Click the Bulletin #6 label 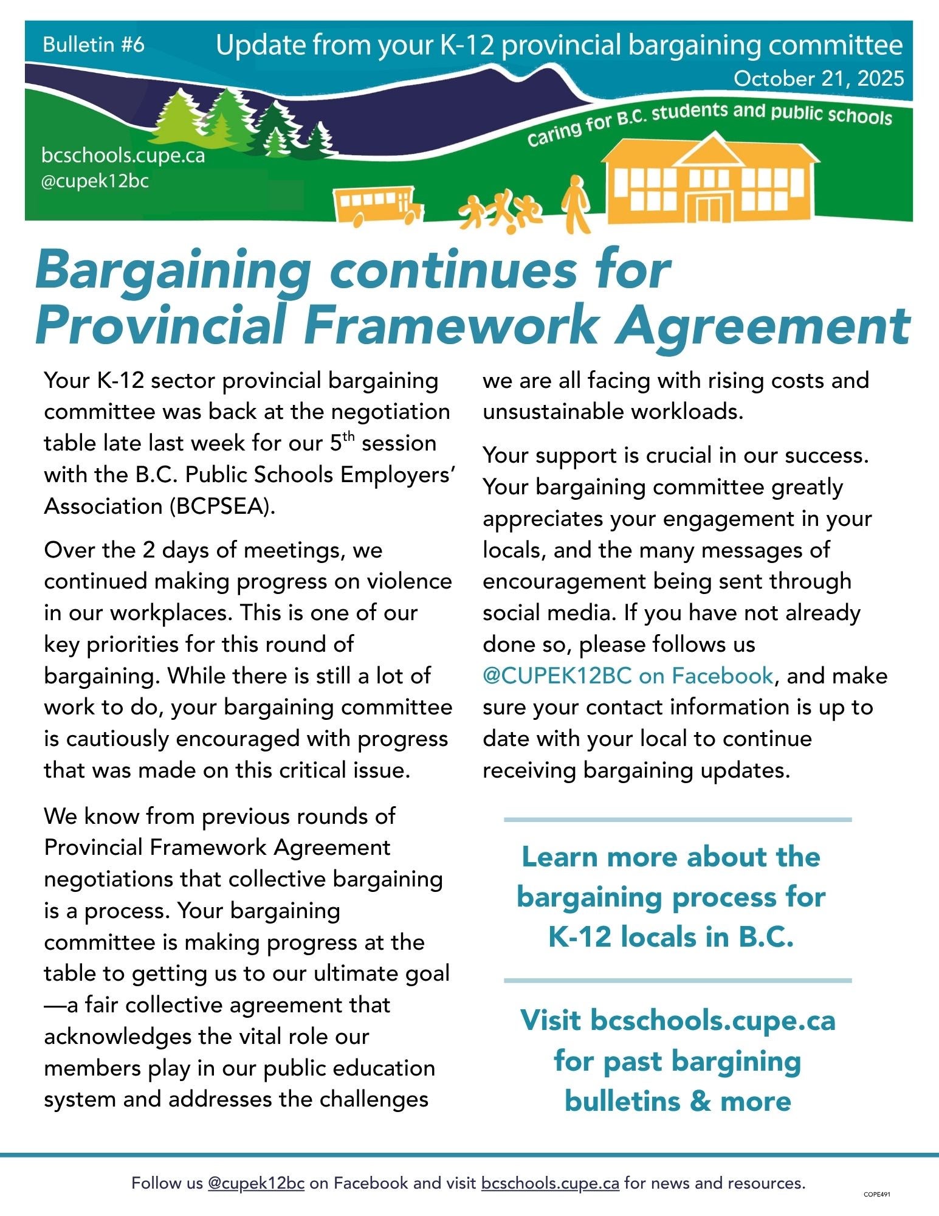coord(94,45)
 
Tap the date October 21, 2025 coord(818,78)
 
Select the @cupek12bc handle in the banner coord(95,181)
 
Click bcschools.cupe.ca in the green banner coord(123,156)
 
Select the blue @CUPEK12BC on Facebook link coord(627,675)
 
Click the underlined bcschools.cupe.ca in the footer coord(550,1183)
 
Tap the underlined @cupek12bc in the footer coord(256,1183)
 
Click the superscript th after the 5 coord(349,437)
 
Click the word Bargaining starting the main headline coord(174,269)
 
